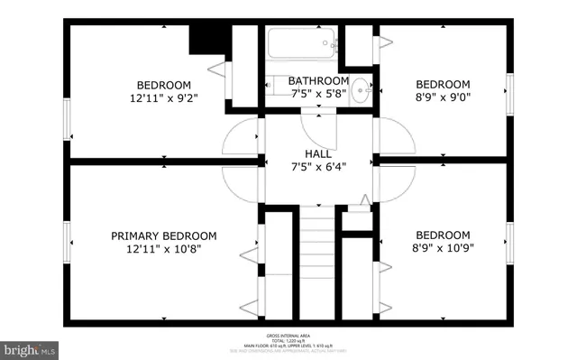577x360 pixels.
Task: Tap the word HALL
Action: (x=318, y=153)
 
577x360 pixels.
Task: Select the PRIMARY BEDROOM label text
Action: (x=164, y=235)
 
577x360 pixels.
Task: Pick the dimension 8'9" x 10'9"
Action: (x=442, y=246)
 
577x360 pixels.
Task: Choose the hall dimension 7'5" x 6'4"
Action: (x=318, y=165)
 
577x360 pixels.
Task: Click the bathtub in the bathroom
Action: (x=302, y=42)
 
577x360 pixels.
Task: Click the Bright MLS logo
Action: (x=31, y=347)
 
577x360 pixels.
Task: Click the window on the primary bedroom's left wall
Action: (x=66, y=244)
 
